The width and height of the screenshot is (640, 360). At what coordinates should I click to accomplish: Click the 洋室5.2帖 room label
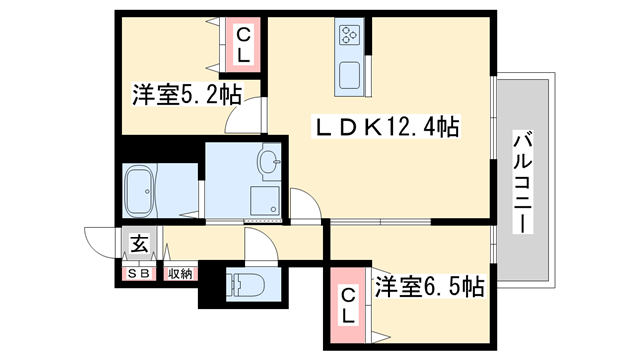coord(186,96)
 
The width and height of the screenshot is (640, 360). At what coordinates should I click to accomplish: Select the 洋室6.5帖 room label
coord(429,287)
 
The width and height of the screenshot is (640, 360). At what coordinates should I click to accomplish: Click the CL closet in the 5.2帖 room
coord(243,45)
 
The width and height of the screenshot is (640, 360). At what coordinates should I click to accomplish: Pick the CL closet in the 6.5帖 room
coord(347,305)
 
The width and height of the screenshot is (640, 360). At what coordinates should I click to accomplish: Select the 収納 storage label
coord(180,272)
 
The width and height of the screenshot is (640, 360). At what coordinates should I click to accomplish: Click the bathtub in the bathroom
coord(150,189)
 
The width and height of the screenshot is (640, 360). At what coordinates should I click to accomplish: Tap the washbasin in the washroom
coord(268,160)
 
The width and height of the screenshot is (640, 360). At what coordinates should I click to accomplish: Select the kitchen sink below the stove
coord(352,76)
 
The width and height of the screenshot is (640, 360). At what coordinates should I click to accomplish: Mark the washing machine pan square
coord(264,199)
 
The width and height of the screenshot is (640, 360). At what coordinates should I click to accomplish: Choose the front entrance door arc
coord(101,241)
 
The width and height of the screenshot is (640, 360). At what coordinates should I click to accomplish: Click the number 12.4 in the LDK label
coord(407,128)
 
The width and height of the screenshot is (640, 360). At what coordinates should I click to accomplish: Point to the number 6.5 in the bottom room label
coord(445,287)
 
